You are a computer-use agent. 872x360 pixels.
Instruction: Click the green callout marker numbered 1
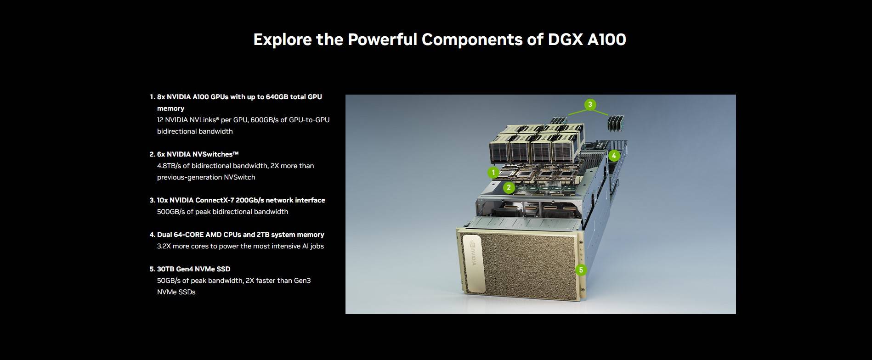coord(493,173)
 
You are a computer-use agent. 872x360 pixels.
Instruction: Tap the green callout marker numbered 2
coord(509,187)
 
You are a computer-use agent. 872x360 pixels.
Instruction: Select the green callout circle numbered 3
coord(590,104)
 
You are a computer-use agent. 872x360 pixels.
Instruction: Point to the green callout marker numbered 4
coord(614,156)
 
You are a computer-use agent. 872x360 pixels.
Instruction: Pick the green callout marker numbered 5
coord(581,270)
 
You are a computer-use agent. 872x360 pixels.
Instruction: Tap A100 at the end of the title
coord(606,39)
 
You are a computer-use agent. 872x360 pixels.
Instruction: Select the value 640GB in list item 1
coord(277,97)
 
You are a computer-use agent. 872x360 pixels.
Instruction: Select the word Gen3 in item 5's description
coord(302,281)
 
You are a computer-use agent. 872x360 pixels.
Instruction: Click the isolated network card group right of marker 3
coord(614,123)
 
